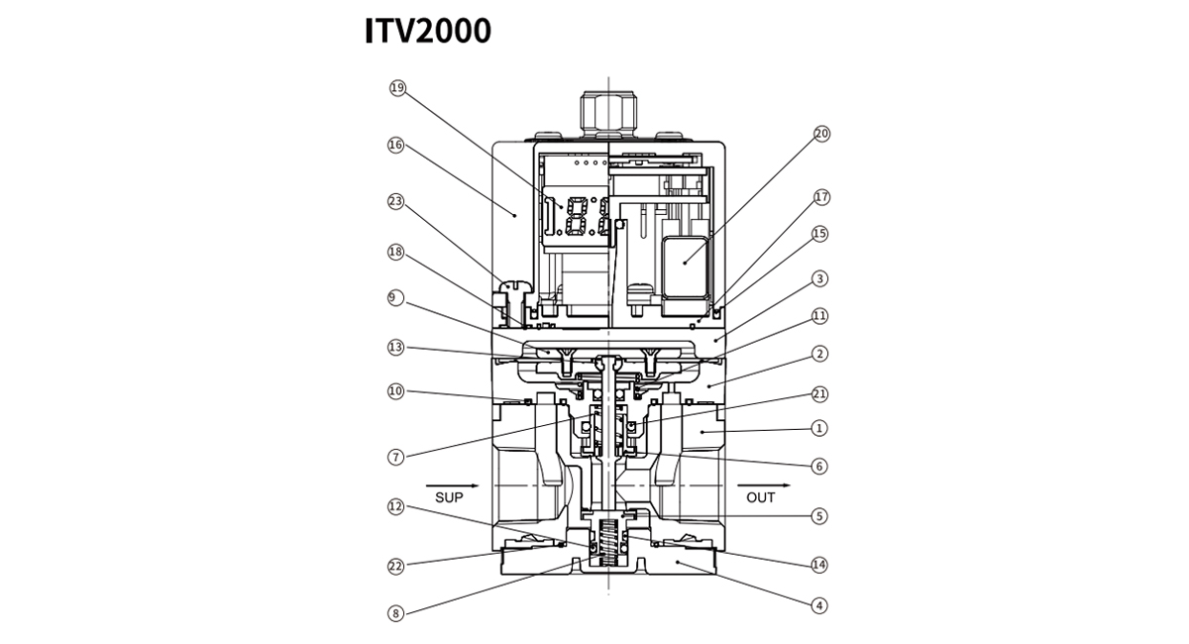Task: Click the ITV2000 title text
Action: (x=428, y=31)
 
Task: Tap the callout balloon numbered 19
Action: (x=398, y=88)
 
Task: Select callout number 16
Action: (x=396, y=145)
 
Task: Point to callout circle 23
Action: (x=396, y=201)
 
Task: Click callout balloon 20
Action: (x=820, y=134)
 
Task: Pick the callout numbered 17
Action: (x=820, y=197)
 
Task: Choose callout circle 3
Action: (x=819, y=278)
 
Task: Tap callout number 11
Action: (x=819, y=316)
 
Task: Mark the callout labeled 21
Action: (x=819, y=393)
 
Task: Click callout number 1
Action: (x=819, y=429)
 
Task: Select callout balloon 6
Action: (x=819, y=466)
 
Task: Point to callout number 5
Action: (x=819, y=515)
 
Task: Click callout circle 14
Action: (x=819, y=565)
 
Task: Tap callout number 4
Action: (x=819, y=604)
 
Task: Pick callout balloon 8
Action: (x=396, y=613)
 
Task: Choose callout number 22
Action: (x=396, y=567)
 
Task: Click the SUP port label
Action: (x=449, y=498)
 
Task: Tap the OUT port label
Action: (x=761, y=498)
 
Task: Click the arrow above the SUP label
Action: (x=452, y=485)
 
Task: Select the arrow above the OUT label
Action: (x=764, y=485)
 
